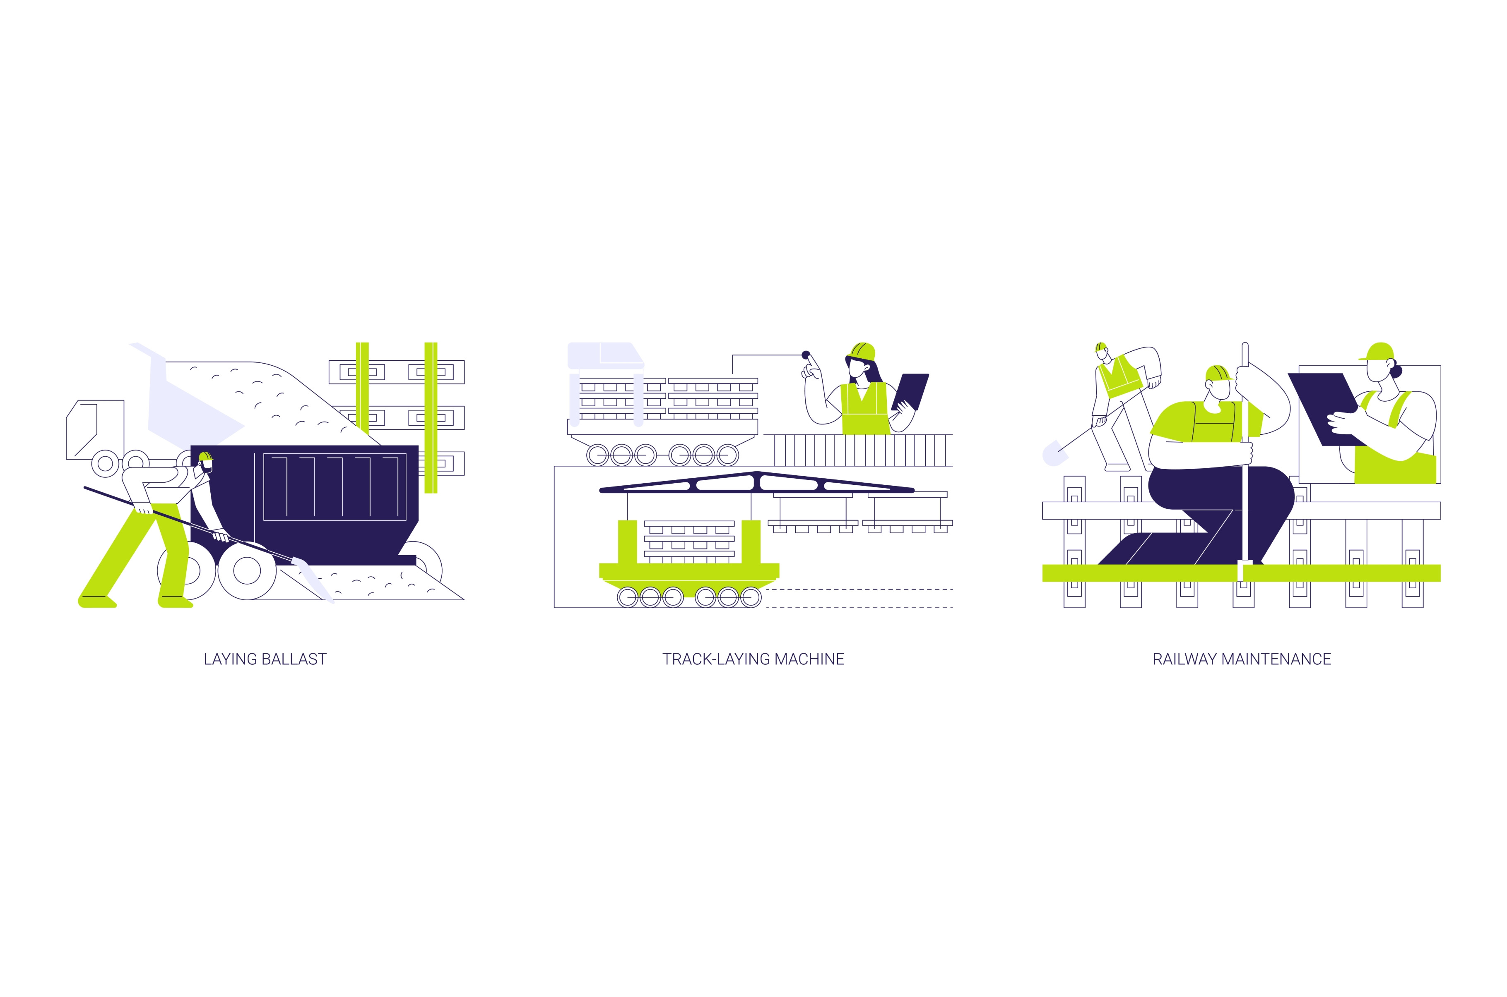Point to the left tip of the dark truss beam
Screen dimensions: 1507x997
pyautogui.click(x=600, y=490)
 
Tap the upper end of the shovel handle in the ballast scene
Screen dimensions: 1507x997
pyautogui.click(x=84, y=488)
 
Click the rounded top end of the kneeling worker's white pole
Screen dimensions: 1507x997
pyautogui.click(x=1245, y=345)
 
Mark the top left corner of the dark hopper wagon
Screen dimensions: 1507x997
pyautogui.click(x=191, y=446)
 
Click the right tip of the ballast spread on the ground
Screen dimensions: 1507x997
pyautogui.click(x=464, y=599)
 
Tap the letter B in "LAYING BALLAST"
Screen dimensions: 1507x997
pyautogui.click(x=266, y=659)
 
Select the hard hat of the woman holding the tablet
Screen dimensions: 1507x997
pyautogui.click(x=861, y=352)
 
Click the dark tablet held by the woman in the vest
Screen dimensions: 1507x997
pyautogui.click(x=910, y=391)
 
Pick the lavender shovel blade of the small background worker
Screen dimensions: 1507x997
pyautogui.click(x=1054, y=453)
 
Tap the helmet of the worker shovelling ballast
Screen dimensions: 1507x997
pyautogui.click(x=205, y=457)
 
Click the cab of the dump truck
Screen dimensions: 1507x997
pyautogui.click(x=95, y=429)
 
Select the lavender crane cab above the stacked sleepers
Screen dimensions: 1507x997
pyautogui.click(x=605, y=355)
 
